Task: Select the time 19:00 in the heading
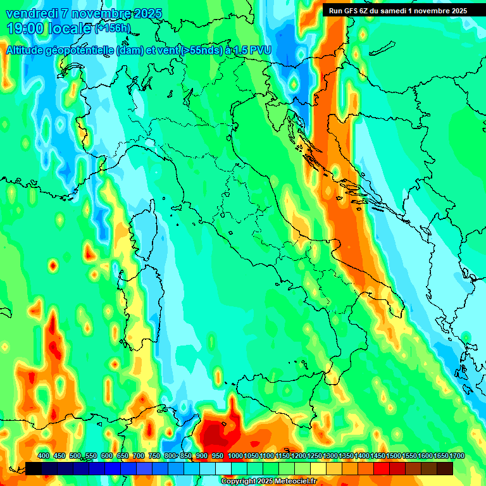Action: click(x=26, y=28)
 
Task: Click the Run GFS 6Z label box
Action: click(x=397, y=10)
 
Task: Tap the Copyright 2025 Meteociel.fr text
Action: click(x=268, y=482)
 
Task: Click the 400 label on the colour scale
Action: click(x=44, y=456)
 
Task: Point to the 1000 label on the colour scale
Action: click(x=235, y=456)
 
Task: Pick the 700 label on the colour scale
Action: click(x=139, y=456)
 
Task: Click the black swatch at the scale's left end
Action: click(x=34, y=468)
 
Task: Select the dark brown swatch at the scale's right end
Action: click(x=445, y=468)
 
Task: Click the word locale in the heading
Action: click(x=70, y=28)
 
